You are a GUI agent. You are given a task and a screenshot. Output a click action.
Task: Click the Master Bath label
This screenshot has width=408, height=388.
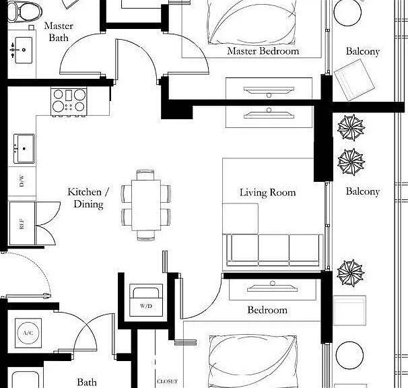(59, 32)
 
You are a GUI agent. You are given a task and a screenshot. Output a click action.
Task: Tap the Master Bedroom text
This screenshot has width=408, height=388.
(263, 51)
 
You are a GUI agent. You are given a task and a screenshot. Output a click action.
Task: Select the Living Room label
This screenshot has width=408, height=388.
(267, 193)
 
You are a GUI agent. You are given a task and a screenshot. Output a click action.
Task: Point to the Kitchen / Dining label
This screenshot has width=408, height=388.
(88, 198)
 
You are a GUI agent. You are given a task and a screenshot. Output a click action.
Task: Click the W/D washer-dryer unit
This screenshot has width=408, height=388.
(146, 300)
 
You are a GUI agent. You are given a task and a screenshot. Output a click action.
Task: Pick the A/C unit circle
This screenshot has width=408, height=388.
(28, 333)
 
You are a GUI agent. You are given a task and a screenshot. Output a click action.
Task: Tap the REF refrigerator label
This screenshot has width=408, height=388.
(22, 224)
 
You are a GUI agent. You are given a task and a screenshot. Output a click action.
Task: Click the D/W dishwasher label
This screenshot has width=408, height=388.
(22, 181)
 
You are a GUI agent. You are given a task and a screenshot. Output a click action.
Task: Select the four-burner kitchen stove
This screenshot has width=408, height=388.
(69, 102)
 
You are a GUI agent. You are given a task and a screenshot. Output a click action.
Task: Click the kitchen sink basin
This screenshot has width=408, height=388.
(24, 149)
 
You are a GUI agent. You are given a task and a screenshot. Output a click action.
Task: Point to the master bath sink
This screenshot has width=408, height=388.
(24, 50)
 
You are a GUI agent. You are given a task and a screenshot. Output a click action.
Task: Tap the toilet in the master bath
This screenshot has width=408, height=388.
(24, 11)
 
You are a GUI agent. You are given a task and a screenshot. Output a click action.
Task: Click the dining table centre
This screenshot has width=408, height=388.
(146, 205)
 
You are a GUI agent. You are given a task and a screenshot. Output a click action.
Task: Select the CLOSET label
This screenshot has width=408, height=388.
(168, 381)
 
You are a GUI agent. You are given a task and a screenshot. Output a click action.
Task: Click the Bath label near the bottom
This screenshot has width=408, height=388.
(87, 382)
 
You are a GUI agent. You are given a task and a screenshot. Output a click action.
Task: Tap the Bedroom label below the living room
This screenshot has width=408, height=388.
(267, 310)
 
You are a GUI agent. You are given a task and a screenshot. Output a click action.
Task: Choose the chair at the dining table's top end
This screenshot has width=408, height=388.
(145, 174)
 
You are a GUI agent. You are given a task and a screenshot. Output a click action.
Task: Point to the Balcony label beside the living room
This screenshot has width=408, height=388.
(363, 192)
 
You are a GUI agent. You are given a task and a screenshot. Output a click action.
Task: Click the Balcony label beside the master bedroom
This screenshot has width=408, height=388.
(363, 51)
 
